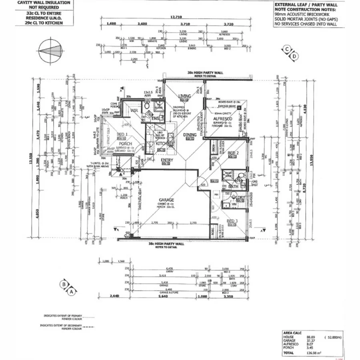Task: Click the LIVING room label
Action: (x=185, y=96)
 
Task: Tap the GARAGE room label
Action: (x=166, y=200)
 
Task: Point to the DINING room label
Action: (x=190, y=135)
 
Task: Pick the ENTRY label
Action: (x=166, y=160)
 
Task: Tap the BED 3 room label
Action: (x=232, y=221)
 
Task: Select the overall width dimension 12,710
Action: (x=176, y=17)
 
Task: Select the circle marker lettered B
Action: (x=64, y=284)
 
